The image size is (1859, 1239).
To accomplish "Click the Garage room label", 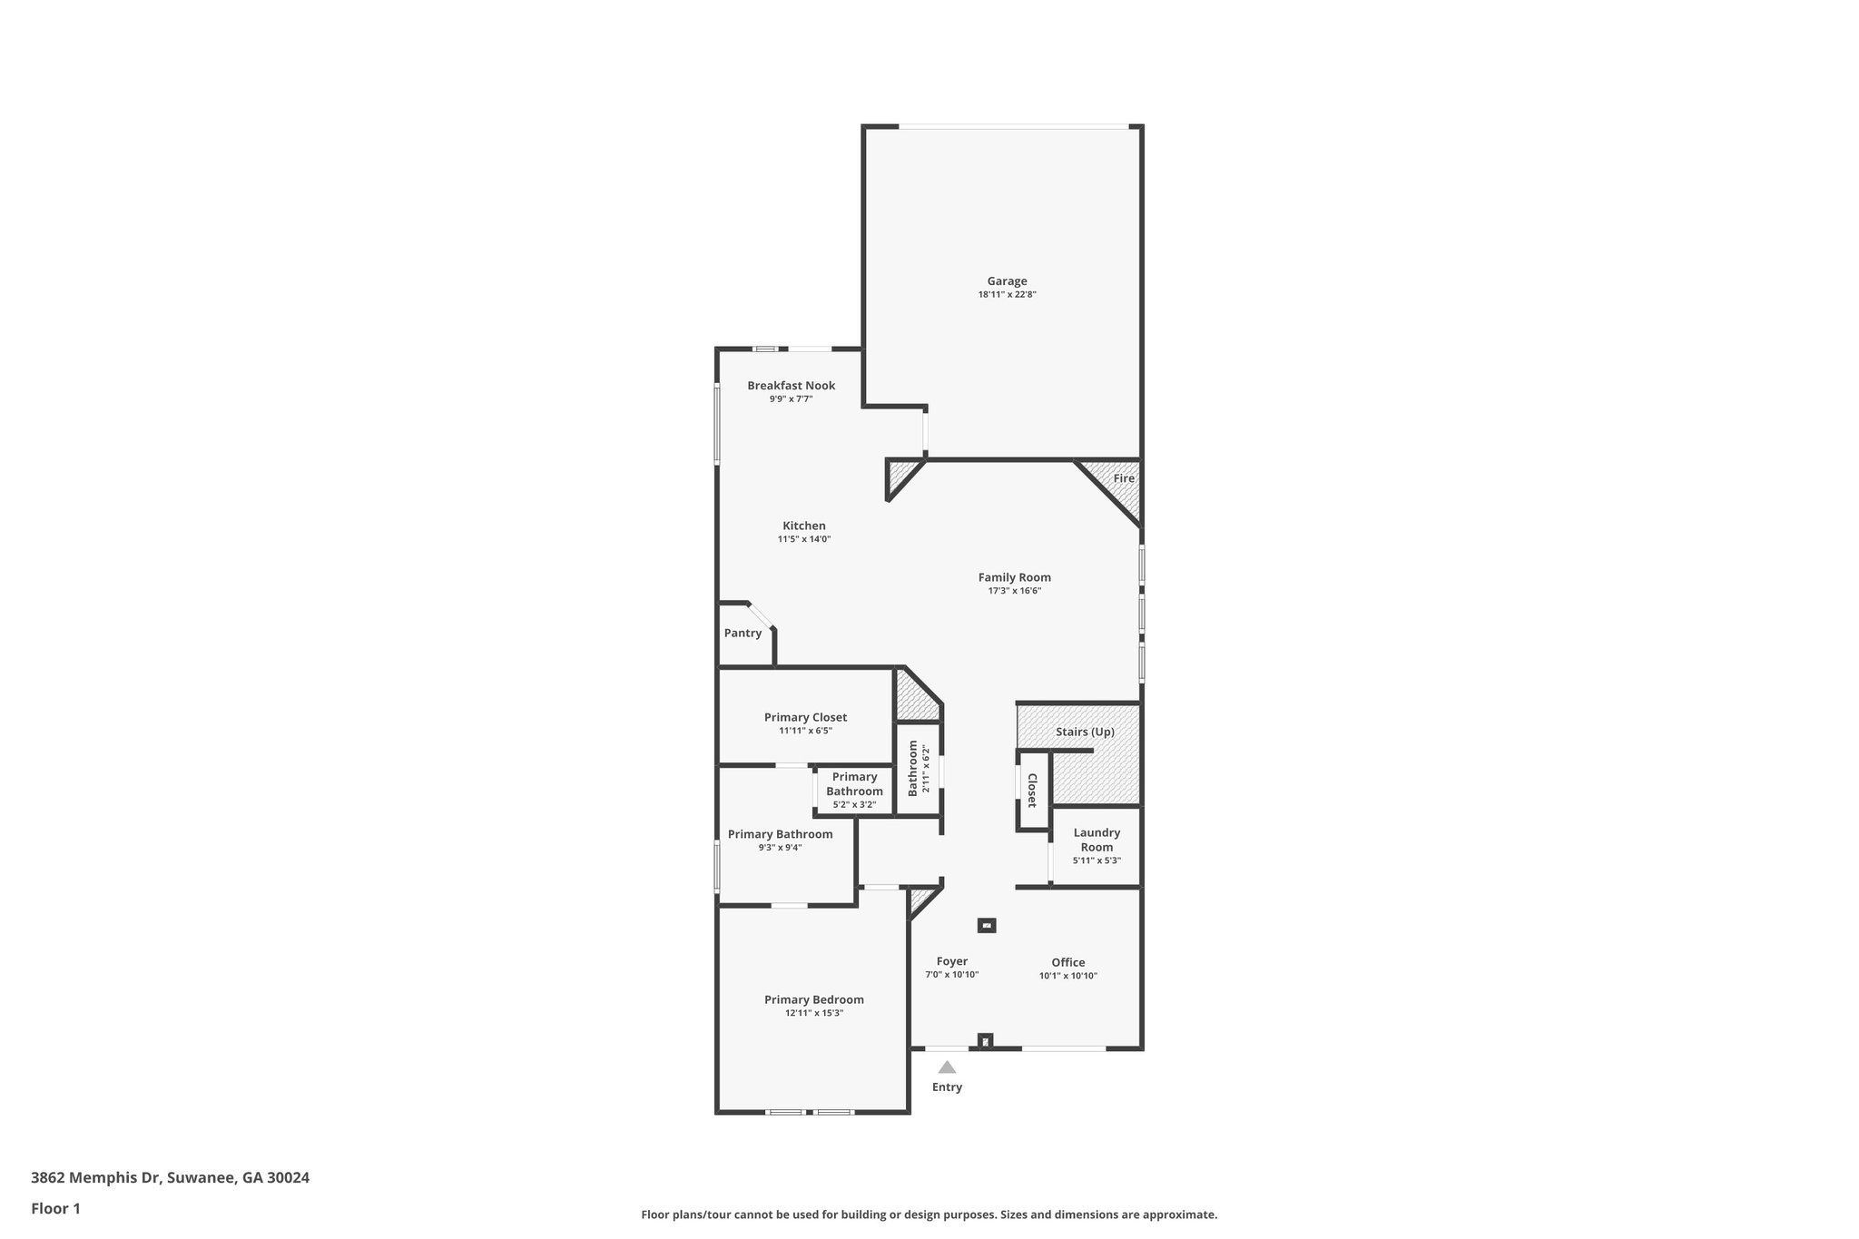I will [x=1007, y=281].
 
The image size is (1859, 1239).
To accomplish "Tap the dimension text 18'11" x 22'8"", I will [x=1007, y=295].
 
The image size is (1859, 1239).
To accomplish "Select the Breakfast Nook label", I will [x=791, y=386].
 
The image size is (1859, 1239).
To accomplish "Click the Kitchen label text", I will [x=804, y=526].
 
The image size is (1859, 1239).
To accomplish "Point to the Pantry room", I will [x=743, y=634].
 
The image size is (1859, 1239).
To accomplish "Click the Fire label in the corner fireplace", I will [x=1123, y=478].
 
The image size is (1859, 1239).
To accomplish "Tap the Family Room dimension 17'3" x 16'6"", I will [x=1014, y=591].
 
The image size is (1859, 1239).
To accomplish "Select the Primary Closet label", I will [x=805, y=717].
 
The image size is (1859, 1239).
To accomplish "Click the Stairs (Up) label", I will [x=1085, y=732].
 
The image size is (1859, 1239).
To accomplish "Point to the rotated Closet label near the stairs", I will [x=1032, y=790].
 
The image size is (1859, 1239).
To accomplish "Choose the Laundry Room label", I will [x=1097, y=840].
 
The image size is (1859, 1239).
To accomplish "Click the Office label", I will [x=1067, y=962].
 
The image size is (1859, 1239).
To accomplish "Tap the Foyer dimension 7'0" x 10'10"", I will [x=951, y=975].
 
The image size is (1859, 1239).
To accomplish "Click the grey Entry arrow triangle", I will [x=947, y=1067].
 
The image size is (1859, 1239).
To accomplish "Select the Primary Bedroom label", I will [x=813, y=999].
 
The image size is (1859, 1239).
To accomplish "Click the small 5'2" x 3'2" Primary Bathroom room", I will [x=854, y=791].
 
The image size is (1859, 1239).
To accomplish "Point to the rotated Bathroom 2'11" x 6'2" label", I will [x=918, y=768].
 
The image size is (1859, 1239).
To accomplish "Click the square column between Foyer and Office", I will [x=987, y=926].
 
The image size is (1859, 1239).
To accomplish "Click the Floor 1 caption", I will [x=55, y=1208].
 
